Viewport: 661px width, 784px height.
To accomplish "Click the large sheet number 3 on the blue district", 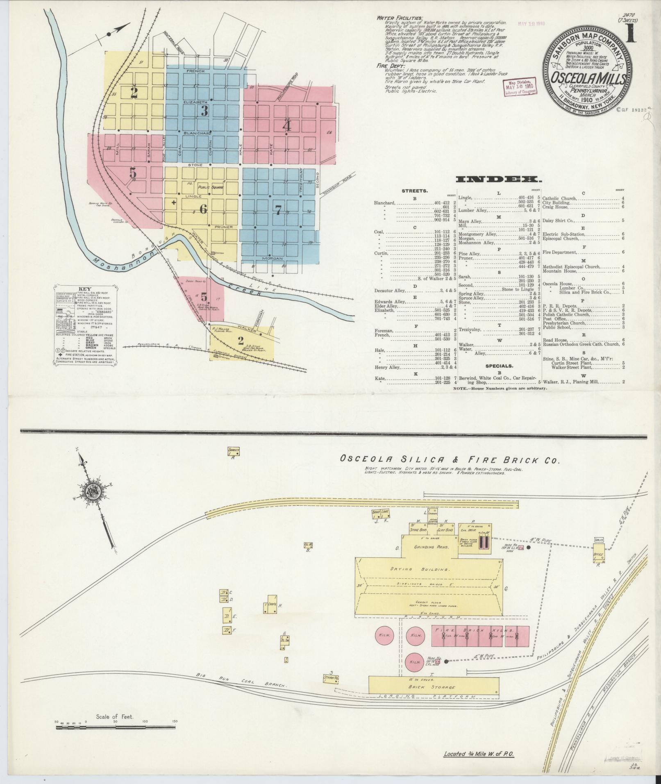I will point(204,110).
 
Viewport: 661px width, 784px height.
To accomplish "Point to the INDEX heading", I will point(498,180).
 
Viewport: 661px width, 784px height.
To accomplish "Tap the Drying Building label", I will point(429,570).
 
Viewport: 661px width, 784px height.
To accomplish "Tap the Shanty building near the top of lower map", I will point(233,451).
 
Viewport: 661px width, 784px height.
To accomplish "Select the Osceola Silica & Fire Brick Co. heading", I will point(450,460).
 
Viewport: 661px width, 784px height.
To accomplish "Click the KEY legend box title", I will point(84,289).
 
